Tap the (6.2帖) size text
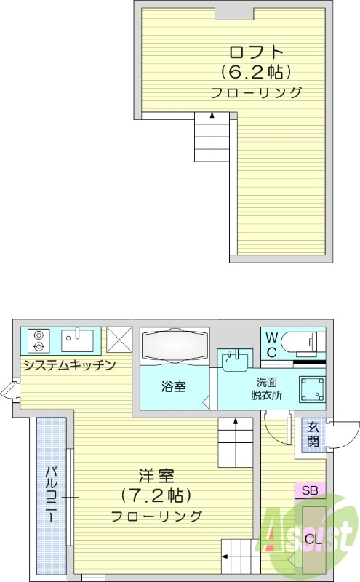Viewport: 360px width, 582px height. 256,72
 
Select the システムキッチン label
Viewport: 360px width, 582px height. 69,365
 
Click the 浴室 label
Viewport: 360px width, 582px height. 173,386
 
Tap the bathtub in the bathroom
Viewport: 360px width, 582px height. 175,344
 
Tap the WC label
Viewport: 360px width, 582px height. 271,343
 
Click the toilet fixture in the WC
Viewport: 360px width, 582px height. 306,341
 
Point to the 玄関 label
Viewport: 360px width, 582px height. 313,434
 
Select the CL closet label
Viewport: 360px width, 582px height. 313,539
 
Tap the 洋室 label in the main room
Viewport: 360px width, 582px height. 157,477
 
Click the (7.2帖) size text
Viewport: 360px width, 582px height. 156,496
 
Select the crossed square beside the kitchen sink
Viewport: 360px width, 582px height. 118,339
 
